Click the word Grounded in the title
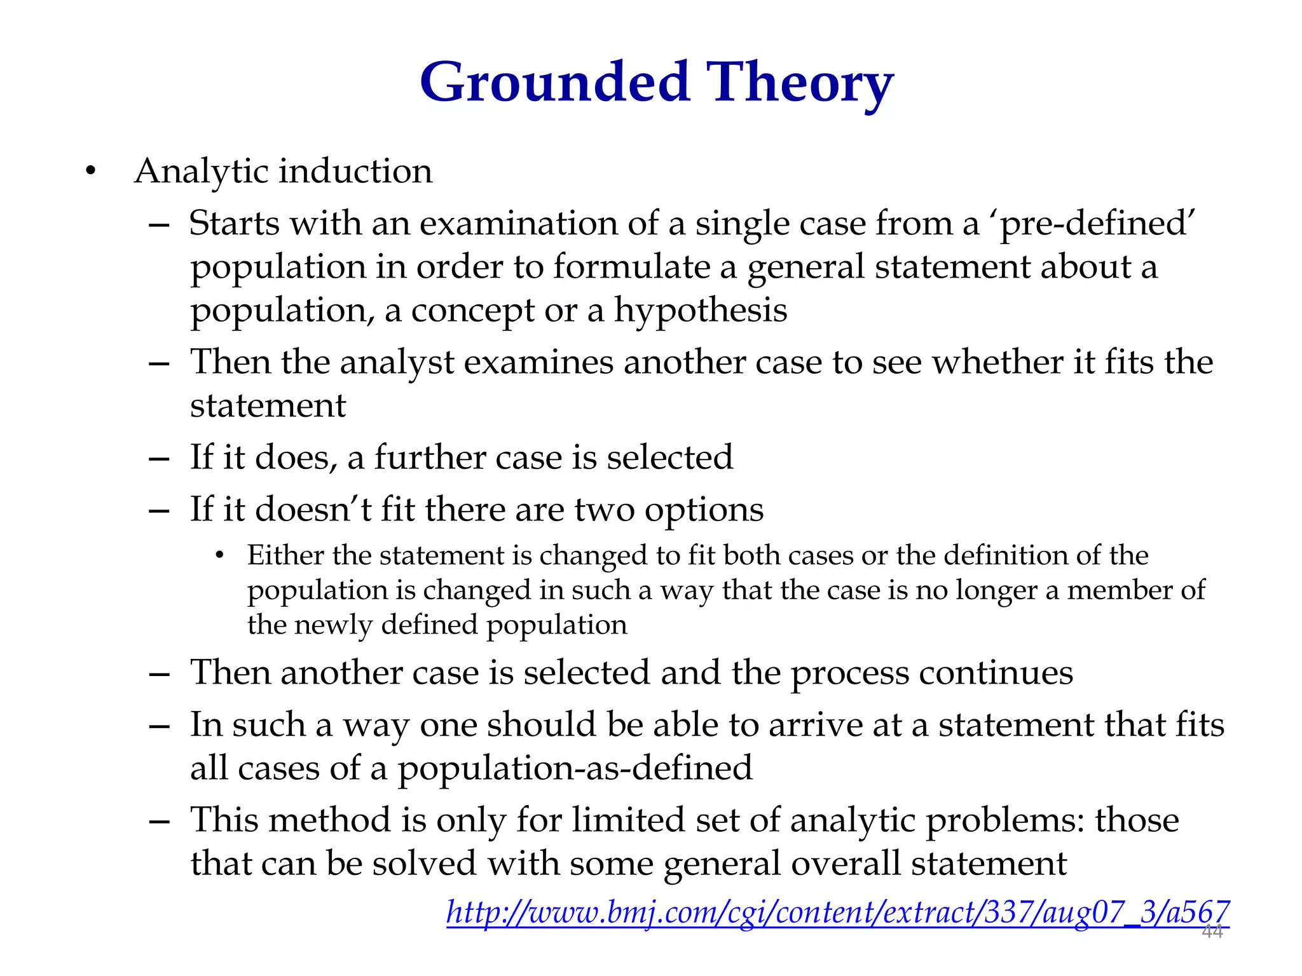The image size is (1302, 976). tap(554, 83)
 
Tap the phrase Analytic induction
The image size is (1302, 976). tap(284, 172)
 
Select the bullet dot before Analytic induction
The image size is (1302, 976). tap(91, 172)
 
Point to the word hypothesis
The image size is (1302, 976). tap(700, 311)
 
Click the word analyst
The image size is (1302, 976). tap(397, 363)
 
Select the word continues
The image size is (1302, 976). tap(996, 673)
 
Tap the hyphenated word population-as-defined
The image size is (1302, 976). tap(575, 769)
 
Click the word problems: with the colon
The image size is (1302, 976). tap(1004, 821)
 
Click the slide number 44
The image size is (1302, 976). tap(1212, 932)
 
